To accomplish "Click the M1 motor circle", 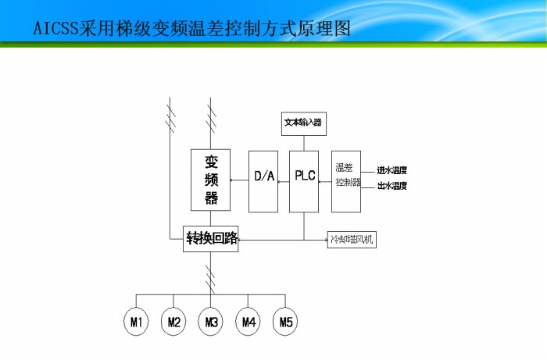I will click(136, 322).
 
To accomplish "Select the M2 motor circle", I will click(173, 322).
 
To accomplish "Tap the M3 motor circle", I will click(211, 322).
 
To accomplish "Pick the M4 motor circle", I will click(248, 322).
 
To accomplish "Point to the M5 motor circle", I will click(286, 322).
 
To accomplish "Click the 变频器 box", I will click(210, 180).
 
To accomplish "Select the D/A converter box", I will click(263, 180).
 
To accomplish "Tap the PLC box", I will click(304, 180).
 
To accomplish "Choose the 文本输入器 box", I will click(303, 123).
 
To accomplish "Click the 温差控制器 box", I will click(346, 180).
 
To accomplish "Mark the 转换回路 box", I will click(211, 238).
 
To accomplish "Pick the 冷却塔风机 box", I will click(352, 239).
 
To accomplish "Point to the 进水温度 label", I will click(392, 170).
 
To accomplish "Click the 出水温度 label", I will click(392, 187).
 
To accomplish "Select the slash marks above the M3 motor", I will click(211, 275).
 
